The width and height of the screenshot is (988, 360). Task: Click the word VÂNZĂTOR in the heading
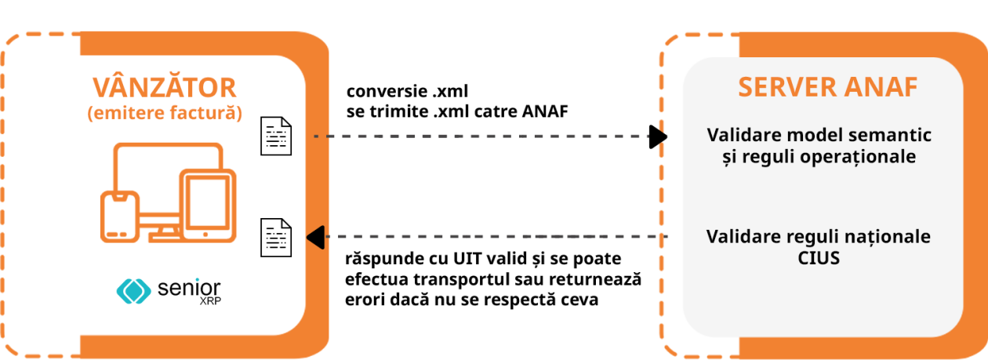coord(164,86)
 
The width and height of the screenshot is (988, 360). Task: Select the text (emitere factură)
coord(164,114)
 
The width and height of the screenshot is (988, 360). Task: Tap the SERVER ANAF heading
coord(827,88)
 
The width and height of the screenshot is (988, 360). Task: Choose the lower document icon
coord(276,237)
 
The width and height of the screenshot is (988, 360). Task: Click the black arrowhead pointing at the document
coord(315,236)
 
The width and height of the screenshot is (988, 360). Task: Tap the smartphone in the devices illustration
coord(120,216)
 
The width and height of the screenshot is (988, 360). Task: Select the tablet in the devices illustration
coord(208,205)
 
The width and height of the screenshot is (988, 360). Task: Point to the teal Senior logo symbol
coord(133,291)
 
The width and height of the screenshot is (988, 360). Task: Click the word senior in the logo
coord(189,288)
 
